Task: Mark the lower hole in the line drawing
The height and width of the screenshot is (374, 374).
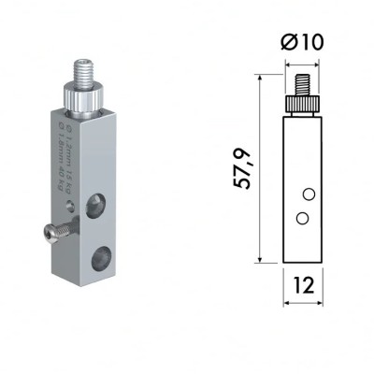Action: [x=301, y=217]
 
